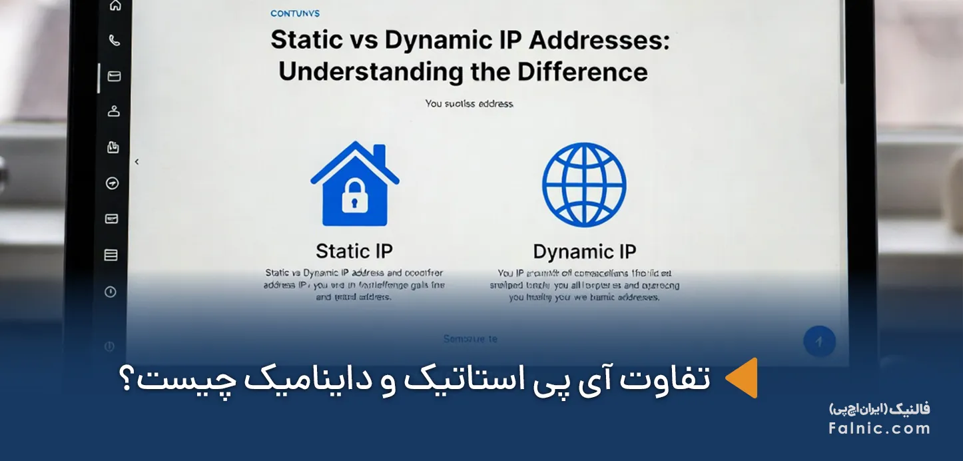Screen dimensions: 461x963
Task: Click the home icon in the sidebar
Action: click(x=115, y=6)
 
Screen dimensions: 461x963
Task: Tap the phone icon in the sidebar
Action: click(x=115, y=41)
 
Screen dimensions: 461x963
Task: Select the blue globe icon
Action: click(x=584, y=185)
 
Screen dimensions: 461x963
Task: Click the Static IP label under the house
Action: click(x=354, y=251)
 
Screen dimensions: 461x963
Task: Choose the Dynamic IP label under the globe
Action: click(x=585, y=252)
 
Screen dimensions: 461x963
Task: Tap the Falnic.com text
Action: click(x=879, y=428)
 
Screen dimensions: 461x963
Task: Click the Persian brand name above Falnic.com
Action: click(x=879, y=409)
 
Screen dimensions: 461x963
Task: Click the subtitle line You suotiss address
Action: click(x=470, y=104)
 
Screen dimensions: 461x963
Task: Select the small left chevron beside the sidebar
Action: click(x=137, y=162)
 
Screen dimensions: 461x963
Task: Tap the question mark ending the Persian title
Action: click(x=129, y=380)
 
